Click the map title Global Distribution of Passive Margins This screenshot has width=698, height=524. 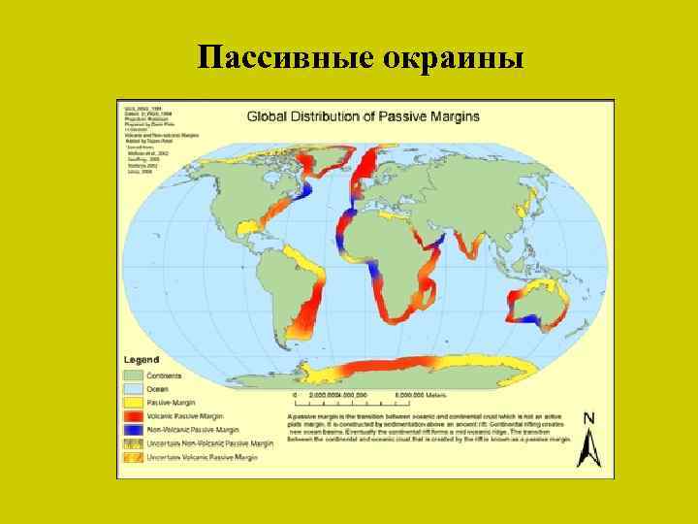(363, 116)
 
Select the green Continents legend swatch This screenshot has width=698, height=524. (133, 374)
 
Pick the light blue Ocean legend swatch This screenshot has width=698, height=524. (133, 387)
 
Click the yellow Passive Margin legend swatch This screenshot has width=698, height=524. (133, 401)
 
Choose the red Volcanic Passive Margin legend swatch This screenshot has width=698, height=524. (133, 414)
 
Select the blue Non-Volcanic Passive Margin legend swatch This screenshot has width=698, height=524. (133, 428)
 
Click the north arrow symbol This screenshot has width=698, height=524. (587, 445)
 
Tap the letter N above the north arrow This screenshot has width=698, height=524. (588, 417)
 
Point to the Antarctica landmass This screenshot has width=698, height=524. (388, 369)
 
